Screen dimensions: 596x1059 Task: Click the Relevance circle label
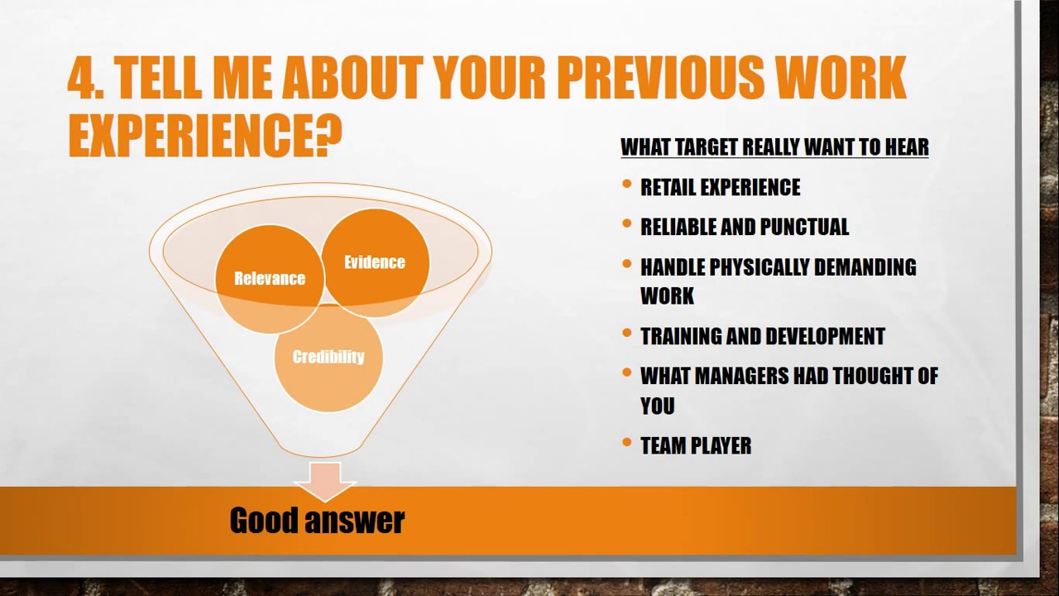tap(270, 279)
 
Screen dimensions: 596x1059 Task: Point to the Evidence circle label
tap(375, 262)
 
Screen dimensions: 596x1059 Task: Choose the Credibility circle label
tap(328, 357)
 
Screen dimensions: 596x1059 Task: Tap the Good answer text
tap(317, 521)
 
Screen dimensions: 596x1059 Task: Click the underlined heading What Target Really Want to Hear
tap(774, 147)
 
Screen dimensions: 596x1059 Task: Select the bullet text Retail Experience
tap(720, 188)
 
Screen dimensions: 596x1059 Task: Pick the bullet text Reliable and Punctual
tap(744, 228)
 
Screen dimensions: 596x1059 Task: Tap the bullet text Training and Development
tap(762, 336)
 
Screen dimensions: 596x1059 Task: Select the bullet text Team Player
tap(696, 446)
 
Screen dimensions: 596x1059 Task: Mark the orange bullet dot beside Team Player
tap(627, 444)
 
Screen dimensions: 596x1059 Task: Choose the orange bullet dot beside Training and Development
tap(627, 334)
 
